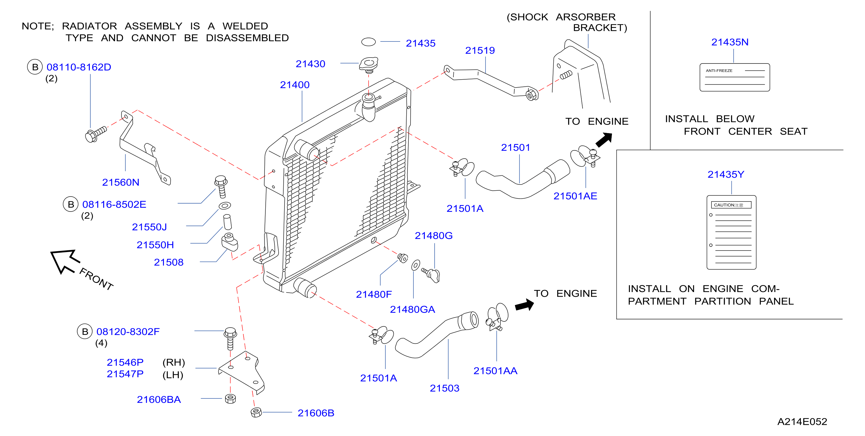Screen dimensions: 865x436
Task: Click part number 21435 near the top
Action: click(x=420, y=43)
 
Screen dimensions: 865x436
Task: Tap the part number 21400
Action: click(x=295, y=85)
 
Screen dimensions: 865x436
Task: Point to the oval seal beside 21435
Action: click(x=368, y=42)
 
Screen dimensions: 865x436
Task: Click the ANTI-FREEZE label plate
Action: click(x=734, y=77)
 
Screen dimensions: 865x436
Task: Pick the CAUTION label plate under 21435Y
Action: click(x=731, y=232)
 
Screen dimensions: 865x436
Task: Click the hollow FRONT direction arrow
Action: click(x=65, y=261)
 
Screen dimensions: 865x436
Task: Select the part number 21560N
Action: click(x=121, y=182)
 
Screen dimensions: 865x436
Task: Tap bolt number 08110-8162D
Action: click(x=79, y=67)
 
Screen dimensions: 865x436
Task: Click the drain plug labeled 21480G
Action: click(x=432, y=274)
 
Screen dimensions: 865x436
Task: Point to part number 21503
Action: click(x=444, y=388)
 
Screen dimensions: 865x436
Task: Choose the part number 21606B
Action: click(x=316, y=413)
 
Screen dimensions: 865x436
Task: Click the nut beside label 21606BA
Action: click(x=230, y=399)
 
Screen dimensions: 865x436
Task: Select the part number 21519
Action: click(x=480, y=50)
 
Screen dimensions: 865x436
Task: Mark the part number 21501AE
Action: click(x=575, y=196)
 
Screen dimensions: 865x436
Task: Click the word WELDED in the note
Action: click(x=245, y=26)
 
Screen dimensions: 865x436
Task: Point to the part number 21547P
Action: click(x=125, y=374)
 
